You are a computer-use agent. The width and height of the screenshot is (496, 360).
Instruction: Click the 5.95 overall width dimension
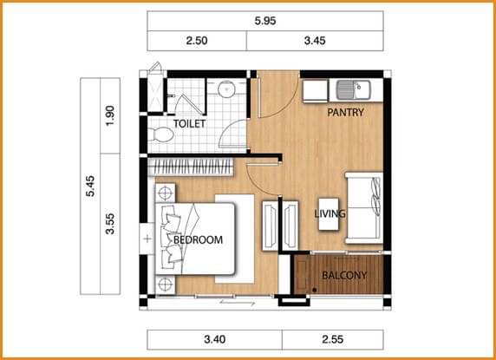pyautogui.click(x=265, y=21)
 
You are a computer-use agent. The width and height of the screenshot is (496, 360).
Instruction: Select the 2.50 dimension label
pyautogui.click(x=197, y=41)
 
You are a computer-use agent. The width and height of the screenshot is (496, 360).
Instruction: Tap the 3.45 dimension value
pyautogui.click(x=315, y=41)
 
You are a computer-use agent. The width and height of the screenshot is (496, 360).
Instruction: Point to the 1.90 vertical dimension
pyautogui.click(x=110, y=115)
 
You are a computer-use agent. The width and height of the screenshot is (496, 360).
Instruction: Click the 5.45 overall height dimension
pyautogui.click(x=90, y=186)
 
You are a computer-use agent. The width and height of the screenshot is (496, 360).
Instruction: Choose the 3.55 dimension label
pyautogui.click(x=110, y=224)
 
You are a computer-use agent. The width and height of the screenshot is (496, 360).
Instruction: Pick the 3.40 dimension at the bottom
pyautogui.click(x=215, y=340)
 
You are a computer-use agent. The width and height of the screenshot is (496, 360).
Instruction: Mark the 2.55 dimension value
pyautogui.click(x=333, y=340)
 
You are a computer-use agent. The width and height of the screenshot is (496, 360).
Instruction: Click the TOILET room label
pyautogui.click(x=190, y=124)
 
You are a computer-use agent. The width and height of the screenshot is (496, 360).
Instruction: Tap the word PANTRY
pyautogui.click(x=345, y=112)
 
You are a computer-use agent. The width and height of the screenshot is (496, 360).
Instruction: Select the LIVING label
pyautogui.click(x=330, y=214)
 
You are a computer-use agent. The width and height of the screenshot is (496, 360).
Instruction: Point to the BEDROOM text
pyautogui.click(x=198, y=239)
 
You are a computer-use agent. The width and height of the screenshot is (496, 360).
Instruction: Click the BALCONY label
pyautogui.click(x=344, y=275)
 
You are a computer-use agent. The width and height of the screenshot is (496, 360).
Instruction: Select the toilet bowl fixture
pyautogui.click(x=160, y=134)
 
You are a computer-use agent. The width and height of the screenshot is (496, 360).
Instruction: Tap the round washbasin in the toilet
pyautogui.click(x=226, y=88)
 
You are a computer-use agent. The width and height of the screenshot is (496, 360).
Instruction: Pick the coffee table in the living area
pyautogui.click(x=329, y=214)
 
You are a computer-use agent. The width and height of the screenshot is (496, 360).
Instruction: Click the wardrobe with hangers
pyautogui.click(x=191, y=167)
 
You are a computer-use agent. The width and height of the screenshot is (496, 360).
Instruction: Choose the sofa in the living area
pyautogui.click(x=364, y=208)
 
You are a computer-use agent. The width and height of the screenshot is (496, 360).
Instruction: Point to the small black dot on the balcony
pyautogui.click(x=315, y=290)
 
